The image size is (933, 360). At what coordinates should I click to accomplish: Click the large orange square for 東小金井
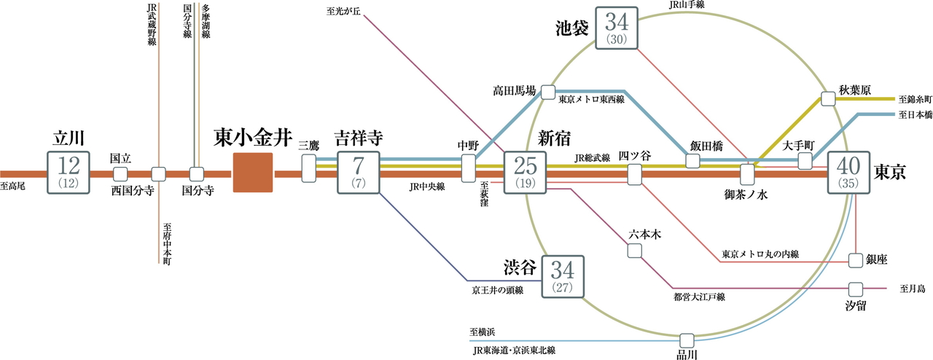[252, 173]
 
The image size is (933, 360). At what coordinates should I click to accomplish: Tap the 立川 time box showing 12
[68, 173]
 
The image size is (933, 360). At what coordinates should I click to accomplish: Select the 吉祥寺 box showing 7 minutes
[359, 173]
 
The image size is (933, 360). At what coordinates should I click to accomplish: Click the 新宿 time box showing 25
[525, 173]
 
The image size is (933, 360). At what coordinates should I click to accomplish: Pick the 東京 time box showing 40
[849, 173]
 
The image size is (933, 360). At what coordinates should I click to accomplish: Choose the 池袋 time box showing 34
[617, 28]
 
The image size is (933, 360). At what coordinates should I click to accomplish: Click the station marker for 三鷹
[309, 168]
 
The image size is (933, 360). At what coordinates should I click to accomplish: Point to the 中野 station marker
[468, 168]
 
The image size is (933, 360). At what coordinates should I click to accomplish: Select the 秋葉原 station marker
[828, 98]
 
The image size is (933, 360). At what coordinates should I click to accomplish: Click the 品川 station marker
[686, 340]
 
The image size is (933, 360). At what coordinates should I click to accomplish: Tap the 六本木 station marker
[635, 250]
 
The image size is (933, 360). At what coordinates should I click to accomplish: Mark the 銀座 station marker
[856, 260]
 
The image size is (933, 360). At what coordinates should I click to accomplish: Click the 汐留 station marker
[856, 289]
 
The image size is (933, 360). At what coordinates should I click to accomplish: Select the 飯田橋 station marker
[692, 161]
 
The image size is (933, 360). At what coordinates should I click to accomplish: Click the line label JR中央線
[427, 187]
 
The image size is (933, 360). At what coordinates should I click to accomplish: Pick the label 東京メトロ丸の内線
[760, 254]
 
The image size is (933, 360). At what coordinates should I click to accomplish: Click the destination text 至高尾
[13, 187]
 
